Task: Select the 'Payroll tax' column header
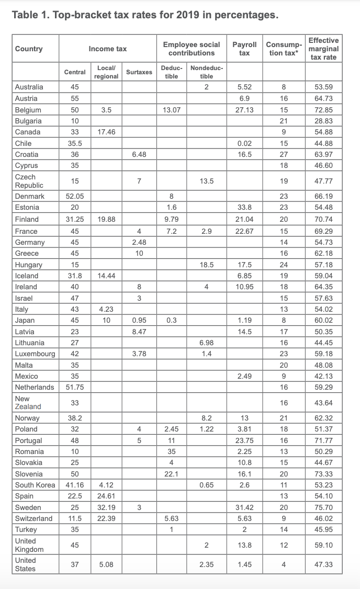pos(244,49)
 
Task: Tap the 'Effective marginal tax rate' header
pos(323,49)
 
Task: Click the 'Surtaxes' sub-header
pos(139,72)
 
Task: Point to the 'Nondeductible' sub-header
pos(207,72)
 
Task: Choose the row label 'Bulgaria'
pos(29,121)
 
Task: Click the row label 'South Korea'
pos(35,485)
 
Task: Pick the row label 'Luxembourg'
pos(35,354)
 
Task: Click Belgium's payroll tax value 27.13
pos(244,110)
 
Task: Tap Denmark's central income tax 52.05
pos(75,196)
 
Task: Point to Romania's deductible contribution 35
pos(172,451)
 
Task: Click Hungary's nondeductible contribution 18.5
pos(207,265)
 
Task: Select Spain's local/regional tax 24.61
pos(107,496)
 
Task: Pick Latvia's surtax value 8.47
pos(139,332)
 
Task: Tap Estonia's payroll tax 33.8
pos(244,208)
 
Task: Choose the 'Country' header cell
pos(29,49)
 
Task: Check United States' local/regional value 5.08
pos(107,564)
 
